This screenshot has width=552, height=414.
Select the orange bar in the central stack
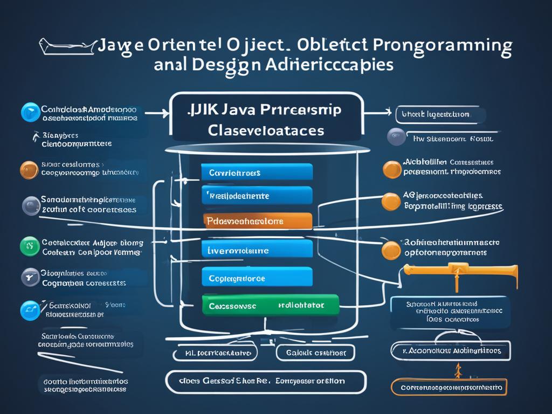point(258,221)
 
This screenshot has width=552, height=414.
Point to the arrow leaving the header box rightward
point(377,113)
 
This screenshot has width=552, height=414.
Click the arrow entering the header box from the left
point(157,113)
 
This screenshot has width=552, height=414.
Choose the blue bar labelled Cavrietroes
point(257,172)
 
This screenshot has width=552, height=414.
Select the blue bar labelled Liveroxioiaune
point(257,249)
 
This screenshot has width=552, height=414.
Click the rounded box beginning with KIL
point(215,353)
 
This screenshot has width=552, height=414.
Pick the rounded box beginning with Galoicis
point(315,353)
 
